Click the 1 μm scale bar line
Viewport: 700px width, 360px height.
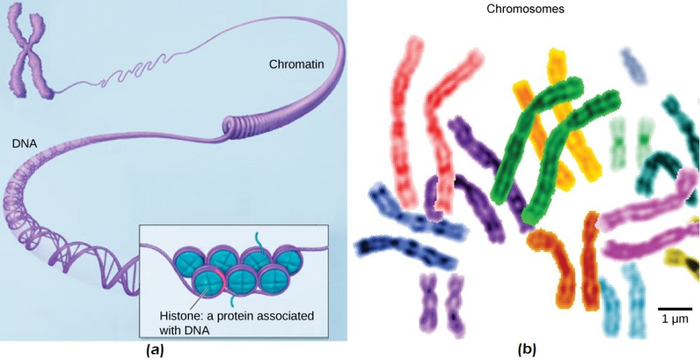[675, 307]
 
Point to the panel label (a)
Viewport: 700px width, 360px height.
[154, 349]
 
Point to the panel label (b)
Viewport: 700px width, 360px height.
[526, 348]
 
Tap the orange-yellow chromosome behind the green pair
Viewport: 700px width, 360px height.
[560, 112]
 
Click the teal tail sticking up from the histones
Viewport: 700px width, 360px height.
[260, 240]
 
